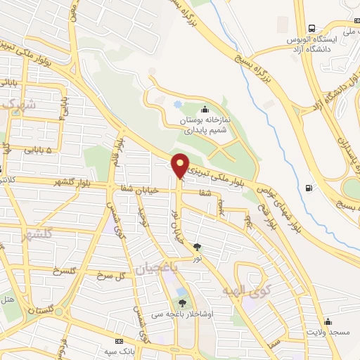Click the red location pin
[x=180, y=166]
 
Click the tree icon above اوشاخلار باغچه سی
[x=183, y=303]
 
